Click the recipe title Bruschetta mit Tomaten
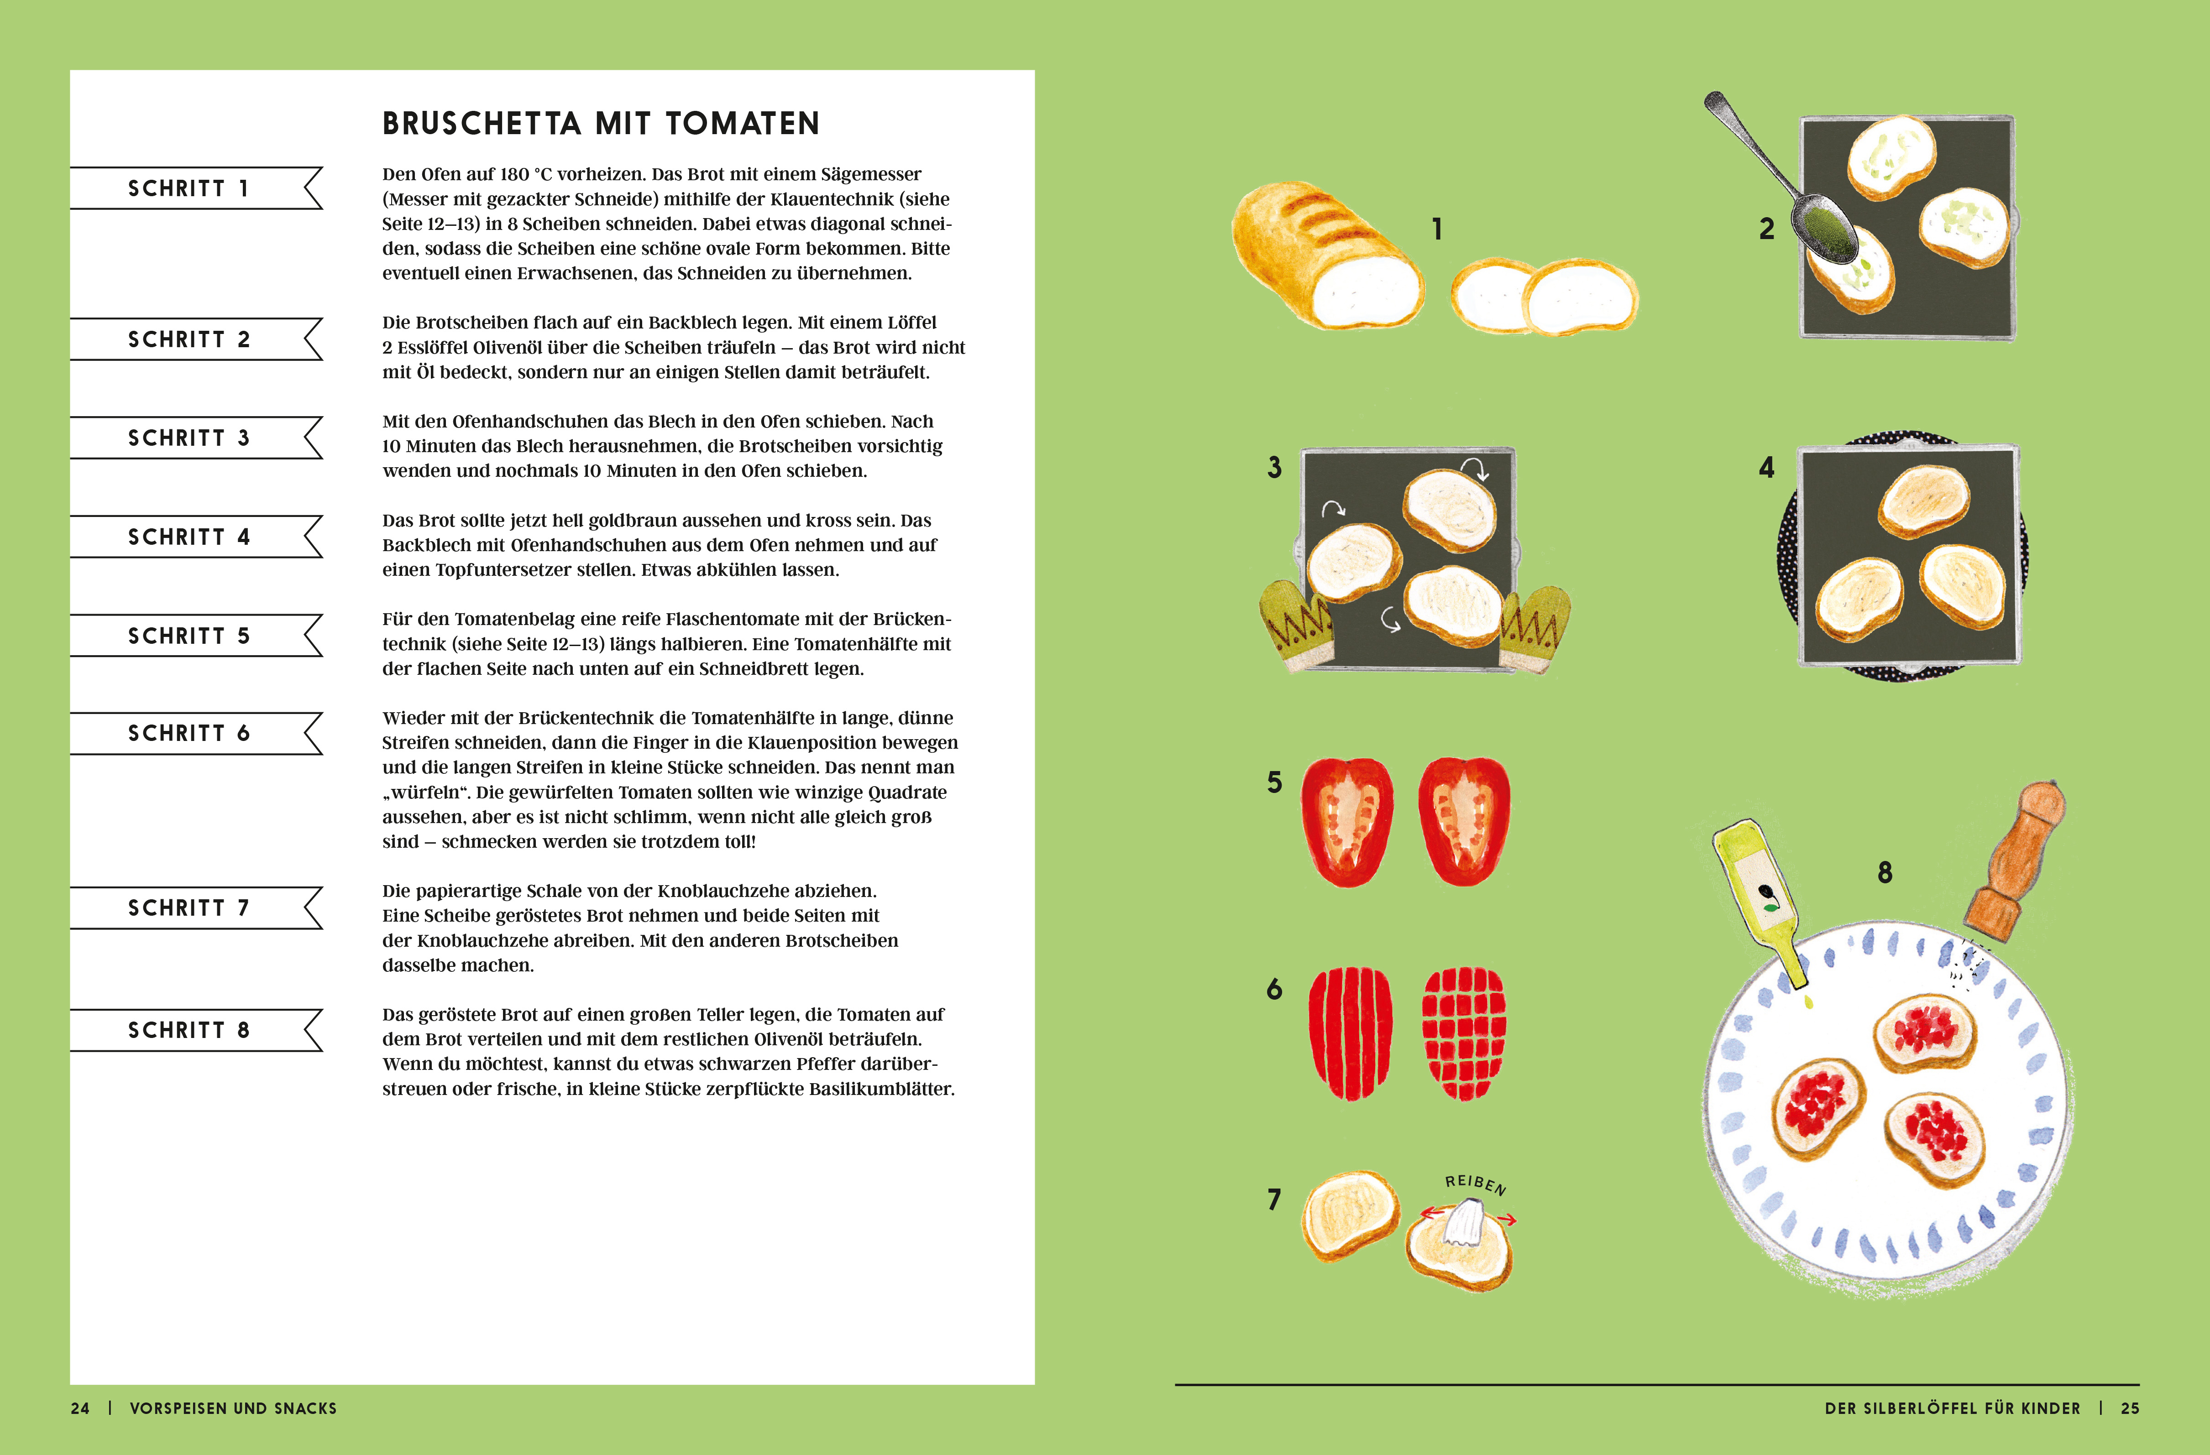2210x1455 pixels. (x=601, y=124)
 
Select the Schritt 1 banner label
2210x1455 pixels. (x=189, y=188)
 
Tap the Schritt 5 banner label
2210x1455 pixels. (x=189, y=636)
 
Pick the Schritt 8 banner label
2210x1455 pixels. (x=189, y=1030)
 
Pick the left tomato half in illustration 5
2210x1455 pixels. (x=1347, y=822)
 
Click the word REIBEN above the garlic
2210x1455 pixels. (x=1476, y=1184)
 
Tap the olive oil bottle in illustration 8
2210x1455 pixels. (x=1760, y=903)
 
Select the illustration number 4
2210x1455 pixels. (x=1766, y=467)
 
